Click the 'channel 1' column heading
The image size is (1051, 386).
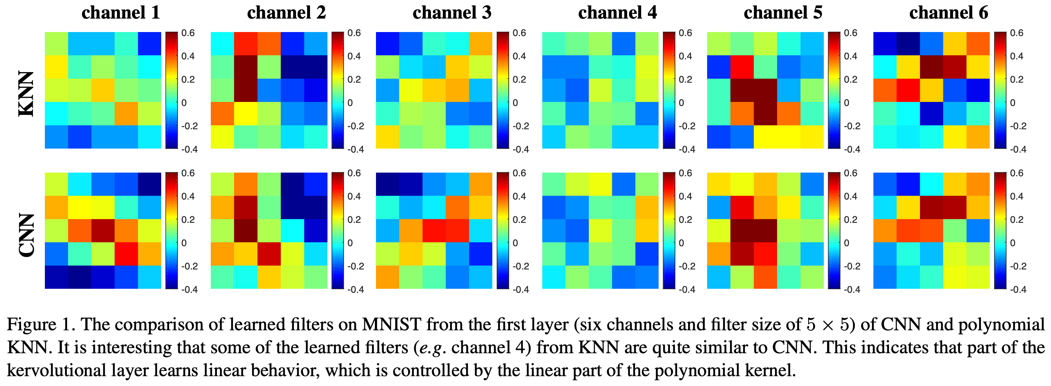click(120, 13)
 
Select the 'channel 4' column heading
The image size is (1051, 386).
click(617, 13)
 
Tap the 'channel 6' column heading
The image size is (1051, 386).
click(949, 13)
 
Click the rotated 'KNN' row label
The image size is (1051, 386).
click(26, 94)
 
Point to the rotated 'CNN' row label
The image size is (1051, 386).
click(26, 235)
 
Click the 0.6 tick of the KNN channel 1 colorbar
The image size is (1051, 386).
click(188, 33)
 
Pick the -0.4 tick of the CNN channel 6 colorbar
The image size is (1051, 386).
click(1017, 289)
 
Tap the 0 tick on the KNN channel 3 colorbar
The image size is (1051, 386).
click(515, 103)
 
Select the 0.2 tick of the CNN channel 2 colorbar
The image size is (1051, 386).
click(354, 220)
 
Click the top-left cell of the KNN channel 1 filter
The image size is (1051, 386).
click(56, 44)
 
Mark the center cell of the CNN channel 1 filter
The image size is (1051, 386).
click(103, 231)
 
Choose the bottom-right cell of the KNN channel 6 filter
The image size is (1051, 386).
click(978, 137)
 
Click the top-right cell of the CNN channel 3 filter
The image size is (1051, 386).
click(481, 184)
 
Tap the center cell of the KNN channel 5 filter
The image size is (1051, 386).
click(765, 90)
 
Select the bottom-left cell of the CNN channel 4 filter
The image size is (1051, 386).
click(554, 277)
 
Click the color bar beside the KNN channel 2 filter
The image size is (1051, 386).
click(337, 90)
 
